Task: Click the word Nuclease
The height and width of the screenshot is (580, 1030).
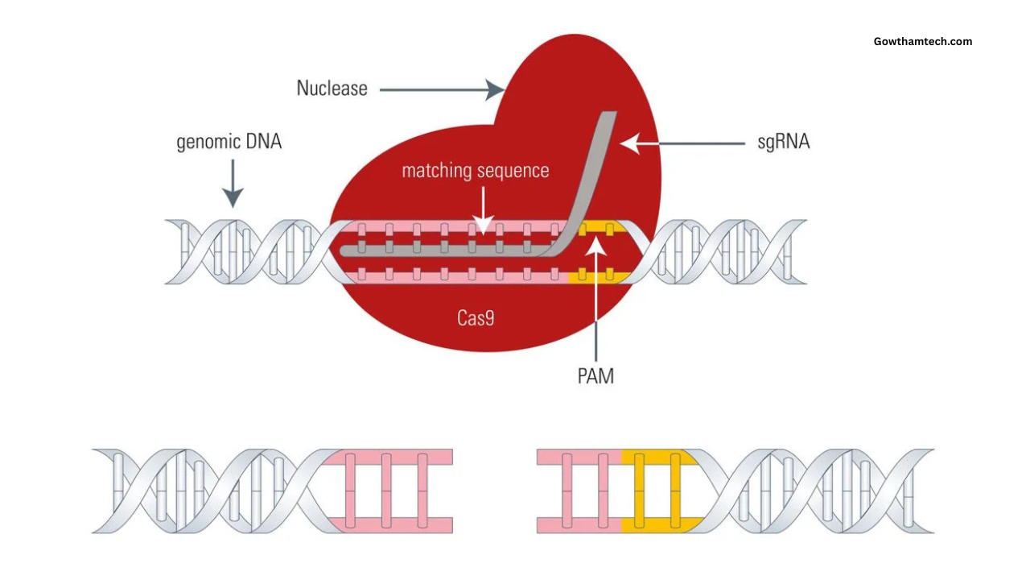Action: pyautogui.click(x=332, y=88)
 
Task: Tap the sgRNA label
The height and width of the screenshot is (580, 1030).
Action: pyautogui.click(x=783, y=143)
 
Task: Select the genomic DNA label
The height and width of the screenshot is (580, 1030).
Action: pyautogui.click(x=229, y=143)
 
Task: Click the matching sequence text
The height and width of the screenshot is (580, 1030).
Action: pyautogui.click(x=476, y=171)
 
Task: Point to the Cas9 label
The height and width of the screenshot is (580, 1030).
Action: pyautogui.click(x=476, y=318)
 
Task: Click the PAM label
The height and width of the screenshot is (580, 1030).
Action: pyautogui.click(x=595, y=375)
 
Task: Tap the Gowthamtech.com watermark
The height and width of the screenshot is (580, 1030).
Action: pyautogui.click(x=923, y=42)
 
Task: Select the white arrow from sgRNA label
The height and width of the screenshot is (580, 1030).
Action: pyautogui.click(x=683, y=143)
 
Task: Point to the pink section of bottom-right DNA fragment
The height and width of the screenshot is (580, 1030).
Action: pyautogui.click(x=579, y=491)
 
